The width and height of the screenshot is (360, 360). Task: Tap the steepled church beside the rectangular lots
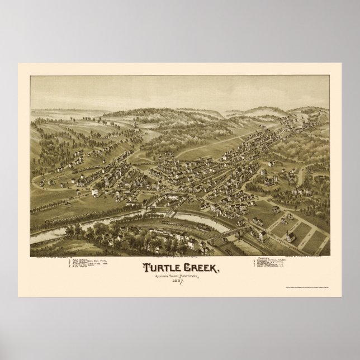point(290,236)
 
